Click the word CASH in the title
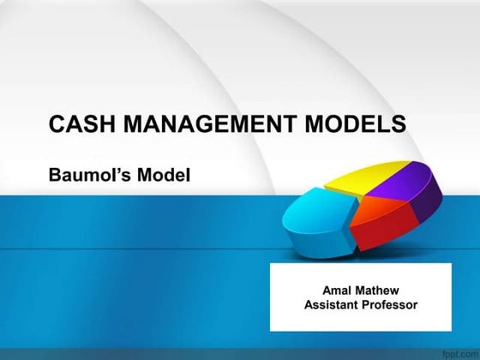[78, 124]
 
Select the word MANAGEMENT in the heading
[196, 124]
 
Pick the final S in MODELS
[399, 124]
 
